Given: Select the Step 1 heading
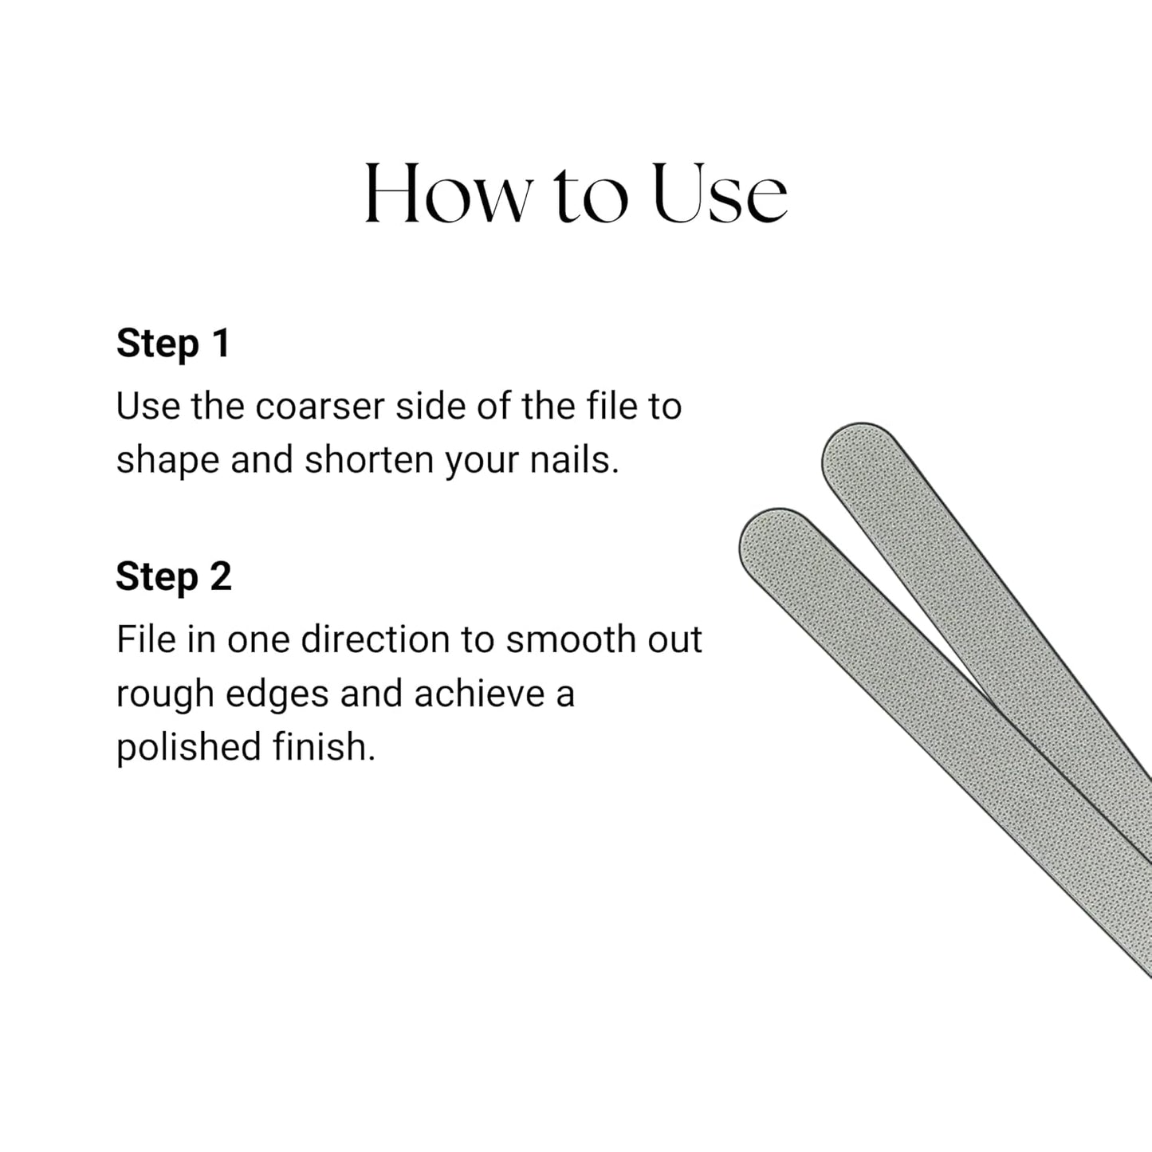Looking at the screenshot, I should click(173, 344).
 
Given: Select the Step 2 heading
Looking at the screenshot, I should click(174, 576).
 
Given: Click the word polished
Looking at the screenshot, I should click(188, 748).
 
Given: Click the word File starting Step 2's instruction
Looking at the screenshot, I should click(146, 640).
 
